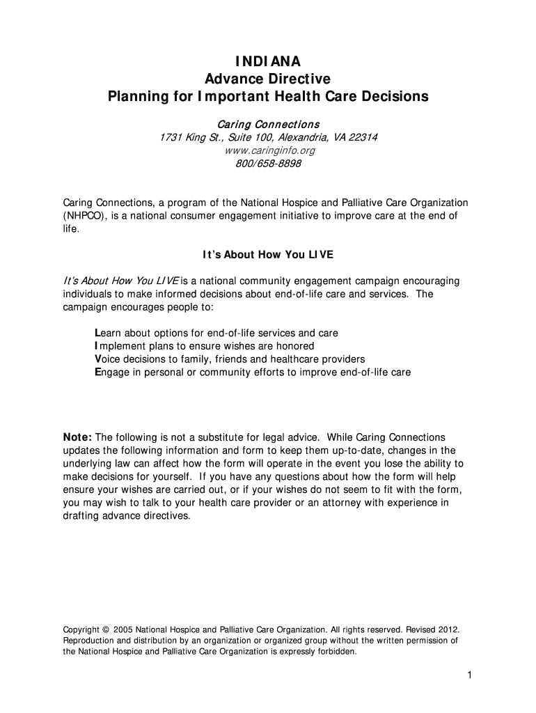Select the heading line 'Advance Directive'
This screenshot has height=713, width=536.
point(268,79)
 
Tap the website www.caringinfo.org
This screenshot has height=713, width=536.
point(268,150)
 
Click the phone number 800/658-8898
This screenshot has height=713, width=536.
point(268,164)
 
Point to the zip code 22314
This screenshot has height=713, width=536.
point(363,137)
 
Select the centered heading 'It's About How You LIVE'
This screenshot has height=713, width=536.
point(268,255)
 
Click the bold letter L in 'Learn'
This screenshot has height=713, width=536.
point(97,334)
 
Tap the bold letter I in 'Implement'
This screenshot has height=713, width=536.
point(96,346)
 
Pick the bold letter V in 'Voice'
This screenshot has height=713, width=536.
point(97,359)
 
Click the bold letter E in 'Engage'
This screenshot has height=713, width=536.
point(97,373)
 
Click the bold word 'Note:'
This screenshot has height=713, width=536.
point(77,437)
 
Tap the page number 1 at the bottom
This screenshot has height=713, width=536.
point(471,676)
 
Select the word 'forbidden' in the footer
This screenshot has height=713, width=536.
point(336,652)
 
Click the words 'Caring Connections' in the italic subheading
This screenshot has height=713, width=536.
point(268,124)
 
